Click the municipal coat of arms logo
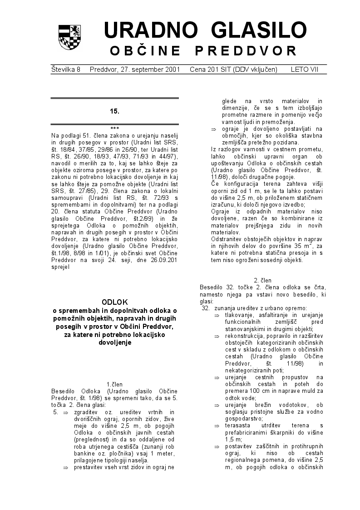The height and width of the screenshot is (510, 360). [69, 37]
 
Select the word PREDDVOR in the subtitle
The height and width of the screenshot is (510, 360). [254, 50]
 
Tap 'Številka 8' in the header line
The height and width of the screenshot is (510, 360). [66, 69]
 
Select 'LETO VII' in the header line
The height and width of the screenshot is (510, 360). [305, 69]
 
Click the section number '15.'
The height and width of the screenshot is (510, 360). [114, 111]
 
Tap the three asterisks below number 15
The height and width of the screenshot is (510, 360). [114, 128]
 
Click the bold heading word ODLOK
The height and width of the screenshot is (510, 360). [115, 302]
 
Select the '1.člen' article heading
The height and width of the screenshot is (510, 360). [114, 384]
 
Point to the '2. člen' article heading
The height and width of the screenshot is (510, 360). [263, 281]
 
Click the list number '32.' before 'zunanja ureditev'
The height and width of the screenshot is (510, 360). [206, 308]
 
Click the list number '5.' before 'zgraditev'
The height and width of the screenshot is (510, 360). [56, 412]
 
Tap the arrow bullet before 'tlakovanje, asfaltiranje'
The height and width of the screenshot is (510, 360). [217, 315]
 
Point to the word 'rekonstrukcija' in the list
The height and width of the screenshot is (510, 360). [243, 336]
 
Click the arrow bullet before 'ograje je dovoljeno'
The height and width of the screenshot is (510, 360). [213, 129]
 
